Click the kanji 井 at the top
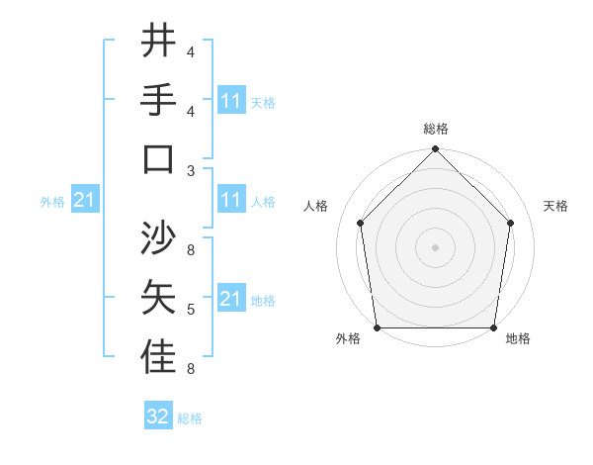click(x=158, y=41)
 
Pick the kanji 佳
click(x=158, y=358)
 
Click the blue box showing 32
click(x=158, y=417)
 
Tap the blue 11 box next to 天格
click(x=231, y=101)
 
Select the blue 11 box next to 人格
click(x=231, y=200)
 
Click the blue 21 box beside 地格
click(x=231, y=299)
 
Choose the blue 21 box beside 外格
click(x=85, y=201)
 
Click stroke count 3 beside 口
click(x=192, y=170)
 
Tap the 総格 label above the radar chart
click(x=435, y=129)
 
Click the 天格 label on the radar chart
click(x=555, y=206)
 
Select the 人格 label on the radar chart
click(x=317, y=206)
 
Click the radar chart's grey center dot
click(x=435, y=246)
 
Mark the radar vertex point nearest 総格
click(x=435, y=150)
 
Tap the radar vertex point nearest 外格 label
click(x=378, y=327)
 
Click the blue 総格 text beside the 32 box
click(x=190, y=418)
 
